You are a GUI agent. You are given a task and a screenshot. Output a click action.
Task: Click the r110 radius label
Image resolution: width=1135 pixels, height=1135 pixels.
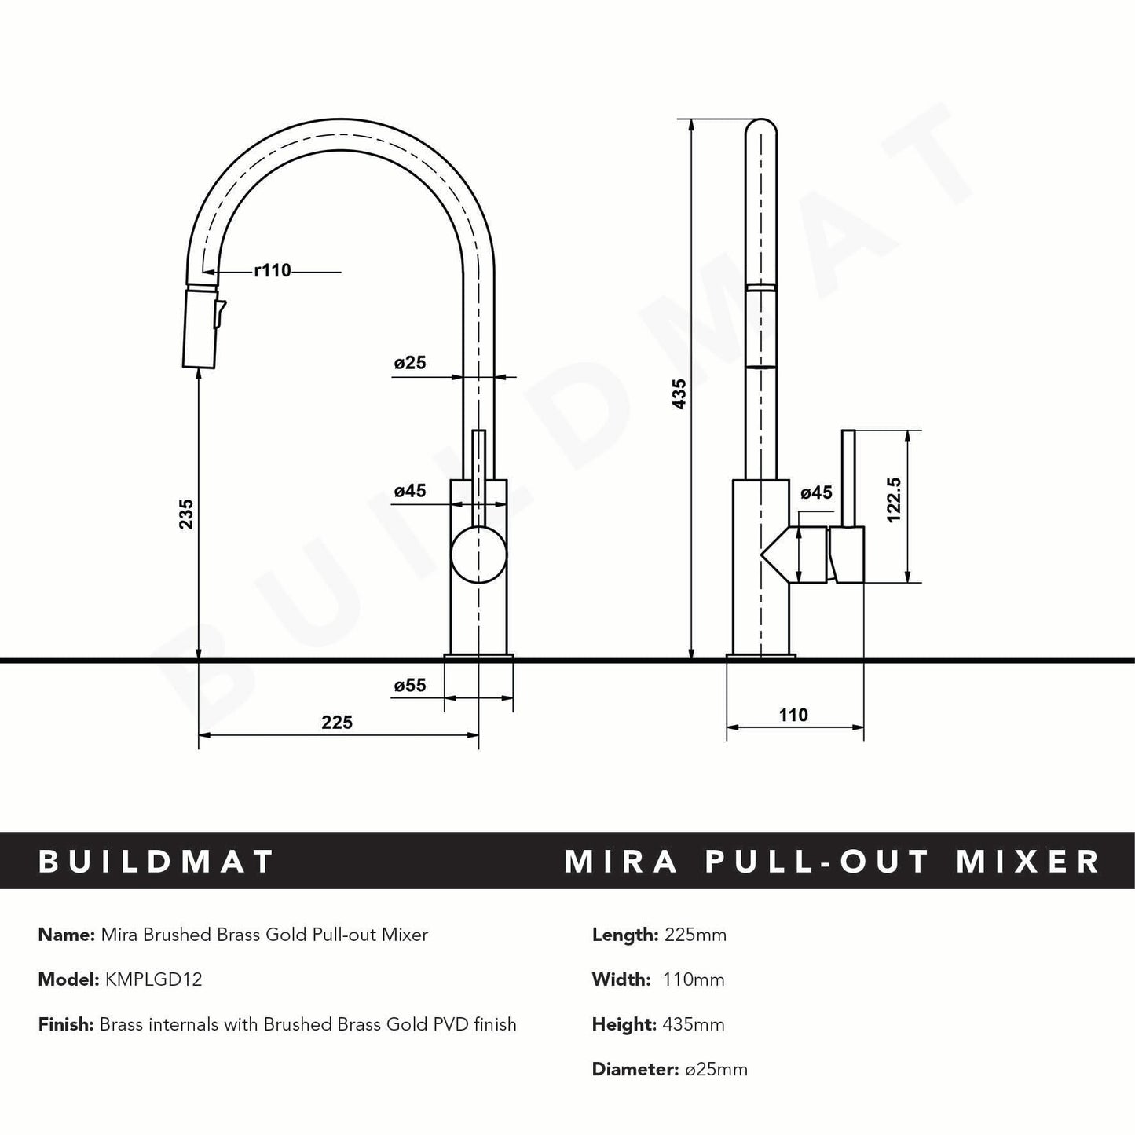point(273,271)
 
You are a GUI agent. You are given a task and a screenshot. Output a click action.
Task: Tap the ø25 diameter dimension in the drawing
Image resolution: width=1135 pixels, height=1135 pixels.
point(409,363)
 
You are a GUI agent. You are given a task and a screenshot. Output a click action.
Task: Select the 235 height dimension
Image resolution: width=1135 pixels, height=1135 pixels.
point(186,514)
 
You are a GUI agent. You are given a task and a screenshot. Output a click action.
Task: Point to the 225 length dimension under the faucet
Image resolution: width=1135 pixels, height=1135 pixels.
point(337,722)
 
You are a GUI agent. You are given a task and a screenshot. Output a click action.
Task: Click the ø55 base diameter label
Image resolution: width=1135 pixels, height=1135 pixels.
point(409,685)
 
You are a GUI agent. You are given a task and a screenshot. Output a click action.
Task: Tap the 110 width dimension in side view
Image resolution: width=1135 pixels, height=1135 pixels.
point(793,715)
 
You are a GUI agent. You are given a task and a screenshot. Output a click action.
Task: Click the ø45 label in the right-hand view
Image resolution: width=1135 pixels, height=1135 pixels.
point(816,492)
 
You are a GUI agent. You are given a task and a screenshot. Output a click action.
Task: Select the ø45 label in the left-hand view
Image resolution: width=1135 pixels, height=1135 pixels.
point(409,491)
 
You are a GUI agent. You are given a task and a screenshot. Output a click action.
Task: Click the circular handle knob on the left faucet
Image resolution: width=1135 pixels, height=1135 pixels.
point(478,555)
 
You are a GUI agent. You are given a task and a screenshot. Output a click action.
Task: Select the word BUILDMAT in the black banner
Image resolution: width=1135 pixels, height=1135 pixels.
point(156,861)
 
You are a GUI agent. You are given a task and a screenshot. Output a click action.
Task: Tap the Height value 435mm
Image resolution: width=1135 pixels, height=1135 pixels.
point(694,1024)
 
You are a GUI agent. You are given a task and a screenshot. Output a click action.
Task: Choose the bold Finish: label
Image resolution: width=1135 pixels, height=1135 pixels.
point(66,1024)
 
